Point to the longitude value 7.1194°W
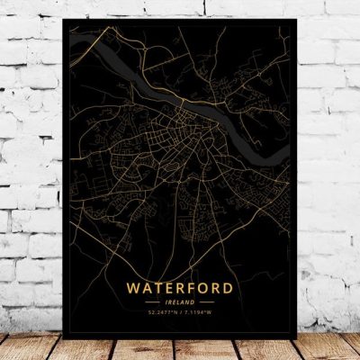point(202,312)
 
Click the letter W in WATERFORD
point(135,288)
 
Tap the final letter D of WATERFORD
point(229,288)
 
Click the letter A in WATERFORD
point(148,288)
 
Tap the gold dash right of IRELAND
point(205,302)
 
